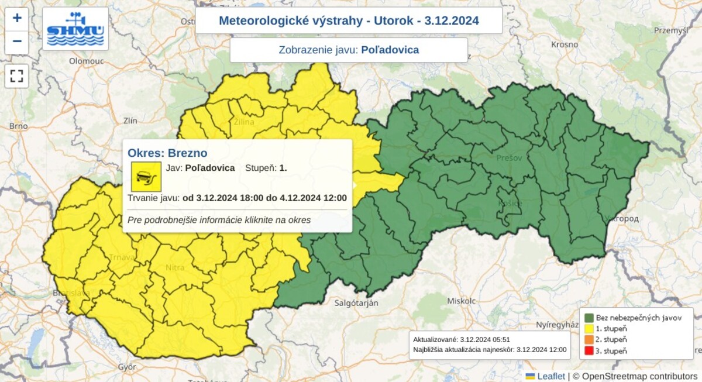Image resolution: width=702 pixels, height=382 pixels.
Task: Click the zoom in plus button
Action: coord(17,18)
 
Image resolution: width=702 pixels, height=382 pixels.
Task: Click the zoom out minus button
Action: coord(17,42)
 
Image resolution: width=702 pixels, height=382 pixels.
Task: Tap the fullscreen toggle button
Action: coord(17,76)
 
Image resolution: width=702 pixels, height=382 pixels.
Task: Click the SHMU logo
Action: coord(75,29)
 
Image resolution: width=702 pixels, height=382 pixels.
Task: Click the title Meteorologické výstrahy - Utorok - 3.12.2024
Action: coord(349,21)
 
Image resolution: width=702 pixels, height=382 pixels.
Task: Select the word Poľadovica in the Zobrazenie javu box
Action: coord(390,50)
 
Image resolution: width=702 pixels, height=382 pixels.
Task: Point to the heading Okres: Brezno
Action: coord(167,153)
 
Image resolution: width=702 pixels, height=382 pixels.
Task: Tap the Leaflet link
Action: coord(551,376)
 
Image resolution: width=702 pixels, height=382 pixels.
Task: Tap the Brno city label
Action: coord(19,126)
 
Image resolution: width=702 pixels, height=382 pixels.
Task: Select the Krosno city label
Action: coord(565,44)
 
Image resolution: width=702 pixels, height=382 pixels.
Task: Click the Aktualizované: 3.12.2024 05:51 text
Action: coord(454,339)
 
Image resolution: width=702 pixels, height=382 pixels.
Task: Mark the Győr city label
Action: coord(126,367)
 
